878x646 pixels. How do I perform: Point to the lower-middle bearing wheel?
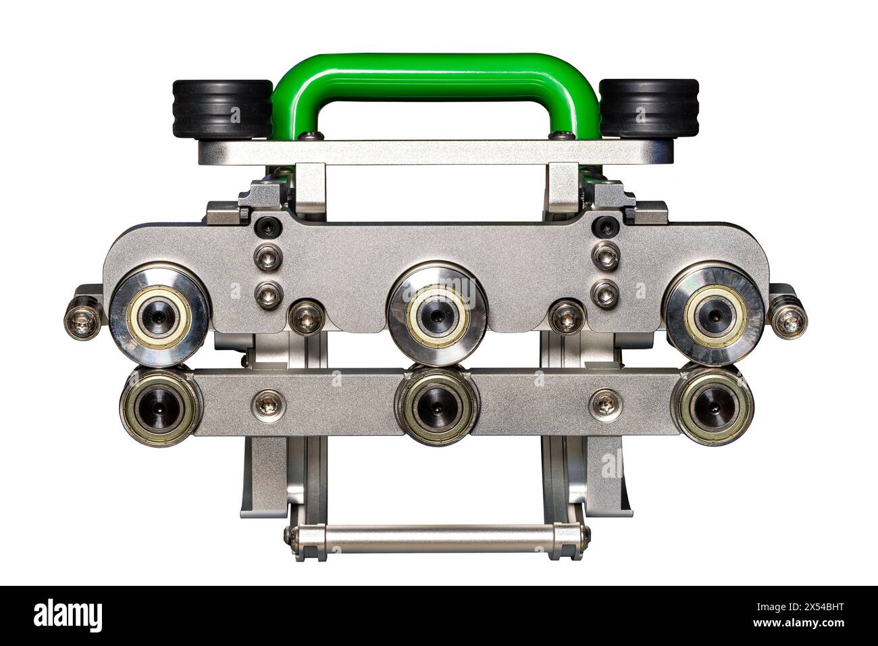(437, 407)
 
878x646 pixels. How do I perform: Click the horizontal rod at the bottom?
(437, 535)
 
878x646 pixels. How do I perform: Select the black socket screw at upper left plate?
(265, 228)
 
